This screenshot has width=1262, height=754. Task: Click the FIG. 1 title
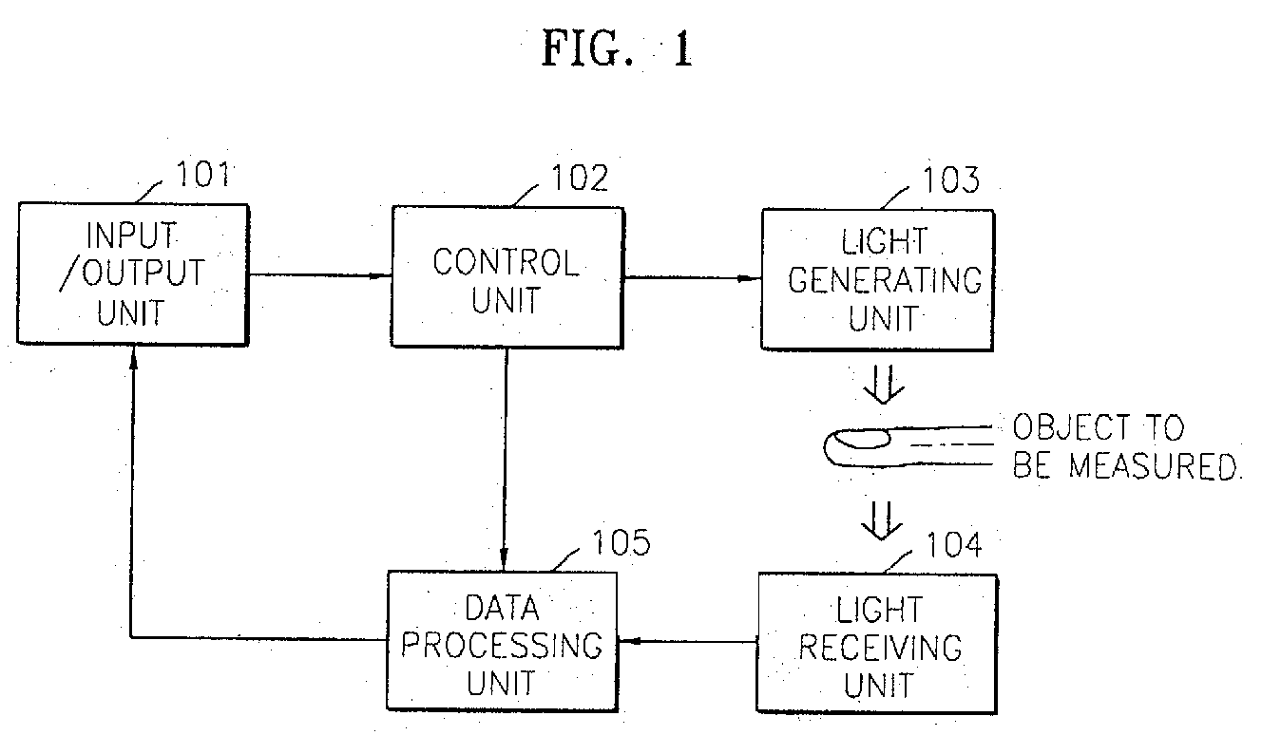(617, 48)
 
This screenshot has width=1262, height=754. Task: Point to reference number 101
(203, 174)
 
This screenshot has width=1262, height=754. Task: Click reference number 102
(580, 178)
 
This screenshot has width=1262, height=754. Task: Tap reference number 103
(951, 180)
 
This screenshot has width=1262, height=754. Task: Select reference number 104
(954, 544)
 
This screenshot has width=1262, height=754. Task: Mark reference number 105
(621, 542)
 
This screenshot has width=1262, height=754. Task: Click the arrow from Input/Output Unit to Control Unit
(320, 275)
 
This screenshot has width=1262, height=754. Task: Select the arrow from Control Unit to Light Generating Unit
(693, 277)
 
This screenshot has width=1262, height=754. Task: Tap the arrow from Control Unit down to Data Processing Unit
(506, 460)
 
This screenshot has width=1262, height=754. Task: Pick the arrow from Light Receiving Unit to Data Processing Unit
(687, 641)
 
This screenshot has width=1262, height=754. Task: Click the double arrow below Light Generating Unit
(884, 386)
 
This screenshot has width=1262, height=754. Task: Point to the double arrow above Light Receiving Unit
(882, 521)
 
